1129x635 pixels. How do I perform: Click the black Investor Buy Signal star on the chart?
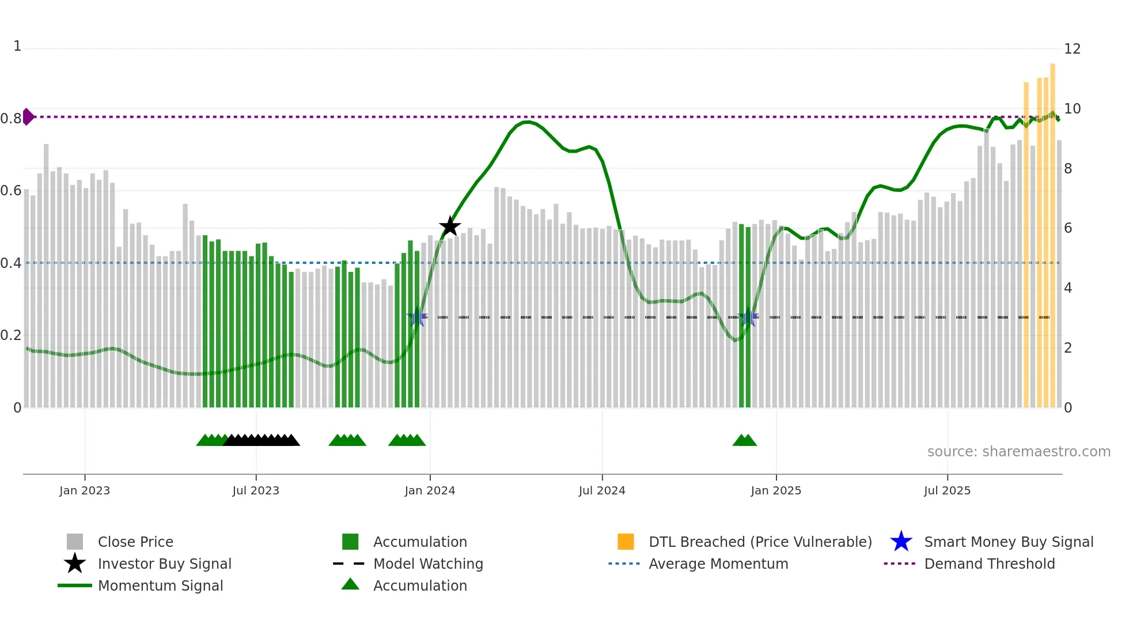pos(450,226)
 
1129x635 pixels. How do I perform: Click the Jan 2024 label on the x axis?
pos(430,490)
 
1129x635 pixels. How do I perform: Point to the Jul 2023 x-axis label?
pos(256,490)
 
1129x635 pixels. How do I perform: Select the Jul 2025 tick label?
pos(947,490)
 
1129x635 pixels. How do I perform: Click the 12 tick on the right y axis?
pos(1072,49)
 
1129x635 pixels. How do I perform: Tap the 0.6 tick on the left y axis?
pos(11,191)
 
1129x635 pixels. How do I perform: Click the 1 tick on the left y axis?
pos(17,46)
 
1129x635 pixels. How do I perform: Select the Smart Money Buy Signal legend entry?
pos(1008,542)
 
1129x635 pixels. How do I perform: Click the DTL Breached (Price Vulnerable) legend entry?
pos(760,542)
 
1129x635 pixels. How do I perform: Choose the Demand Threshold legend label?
pos(989,564)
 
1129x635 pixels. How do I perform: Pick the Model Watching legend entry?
pos(428,564)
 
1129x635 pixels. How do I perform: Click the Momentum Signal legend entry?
pos(160,585)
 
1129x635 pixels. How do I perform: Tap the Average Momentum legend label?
pos(718,564)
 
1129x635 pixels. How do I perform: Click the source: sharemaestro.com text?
pos(1018,451)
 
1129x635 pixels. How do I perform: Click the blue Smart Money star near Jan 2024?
pos(417,317)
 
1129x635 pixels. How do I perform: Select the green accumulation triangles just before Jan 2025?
pos(744,440)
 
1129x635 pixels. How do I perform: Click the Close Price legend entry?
pos(135,542)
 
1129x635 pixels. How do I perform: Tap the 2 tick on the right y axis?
pos(1068,348)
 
